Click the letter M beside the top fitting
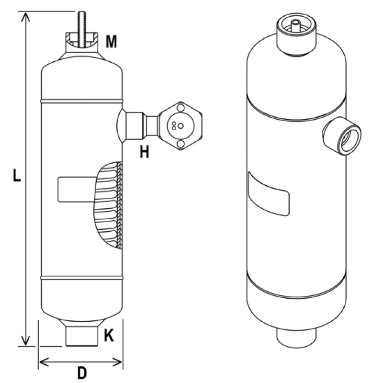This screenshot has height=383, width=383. pos(111,42)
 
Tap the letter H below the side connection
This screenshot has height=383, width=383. pos(144,152)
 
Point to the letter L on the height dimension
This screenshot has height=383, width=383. pos(16,176)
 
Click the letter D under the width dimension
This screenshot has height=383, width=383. pos(82,372)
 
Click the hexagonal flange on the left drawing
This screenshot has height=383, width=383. pos(180,125)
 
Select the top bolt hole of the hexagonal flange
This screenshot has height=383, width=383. pos(180,108)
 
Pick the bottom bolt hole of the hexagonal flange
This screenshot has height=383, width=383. pos(180,143)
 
